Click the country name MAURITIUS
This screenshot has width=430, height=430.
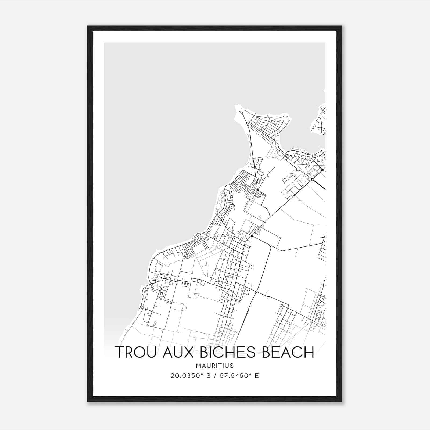[215, 366]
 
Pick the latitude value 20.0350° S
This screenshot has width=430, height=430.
[191, 376]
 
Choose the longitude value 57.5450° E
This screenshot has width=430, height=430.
[239, 376]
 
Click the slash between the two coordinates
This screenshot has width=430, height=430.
[215, 376]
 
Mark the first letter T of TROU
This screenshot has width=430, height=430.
[120, 352]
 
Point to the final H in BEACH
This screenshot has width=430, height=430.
[309, 352]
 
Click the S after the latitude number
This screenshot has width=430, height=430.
[209, 376]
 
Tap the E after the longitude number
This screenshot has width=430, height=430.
[257, 376]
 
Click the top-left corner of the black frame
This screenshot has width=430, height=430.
[87, 26]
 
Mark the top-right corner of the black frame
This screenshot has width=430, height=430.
[341, 26]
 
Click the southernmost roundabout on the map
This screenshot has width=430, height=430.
[257, 292]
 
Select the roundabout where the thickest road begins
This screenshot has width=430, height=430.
[312, 179]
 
